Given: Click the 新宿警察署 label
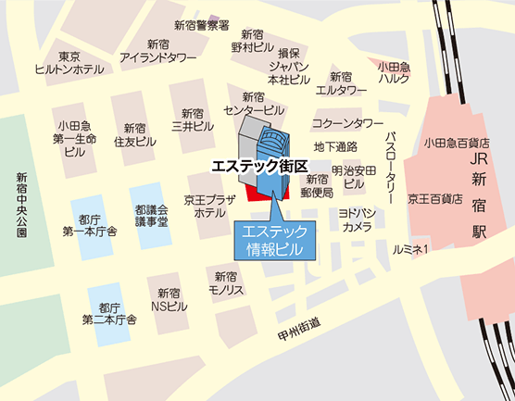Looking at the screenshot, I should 201,26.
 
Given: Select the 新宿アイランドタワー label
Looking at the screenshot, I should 158,50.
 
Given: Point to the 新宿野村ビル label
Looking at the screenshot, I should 253,40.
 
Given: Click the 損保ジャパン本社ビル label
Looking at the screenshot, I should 288,66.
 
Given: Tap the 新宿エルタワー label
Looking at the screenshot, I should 341,83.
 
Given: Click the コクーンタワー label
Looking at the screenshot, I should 347,122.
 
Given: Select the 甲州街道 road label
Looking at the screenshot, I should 298,325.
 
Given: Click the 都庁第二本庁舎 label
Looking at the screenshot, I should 109,313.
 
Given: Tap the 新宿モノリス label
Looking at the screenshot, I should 228,282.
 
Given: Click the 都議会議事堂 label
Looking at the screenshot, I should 150,216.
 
